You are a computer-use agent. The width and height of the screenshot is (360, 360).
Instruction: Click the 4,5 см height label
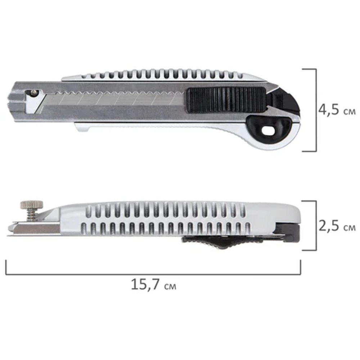337,110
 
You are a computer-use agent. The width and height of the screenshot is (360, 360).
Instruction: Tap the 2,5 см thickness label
337,226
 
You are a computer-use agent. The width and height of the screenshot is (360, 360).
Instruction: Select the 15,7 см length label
154,284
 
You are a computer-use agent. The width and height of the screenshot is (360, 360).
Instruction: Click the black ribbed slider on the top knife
226,100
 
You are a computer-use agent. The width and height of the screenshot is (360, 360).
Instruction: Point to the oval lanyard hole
268,131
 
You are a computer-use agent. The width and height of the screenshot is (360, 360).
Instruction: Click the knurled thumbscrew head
32,204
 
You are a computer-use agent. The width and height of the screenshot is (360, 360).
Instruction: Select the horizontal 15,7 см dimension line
153,274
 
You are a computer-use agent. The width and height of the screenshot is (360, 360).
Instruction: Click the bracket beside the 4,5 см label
316,110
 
